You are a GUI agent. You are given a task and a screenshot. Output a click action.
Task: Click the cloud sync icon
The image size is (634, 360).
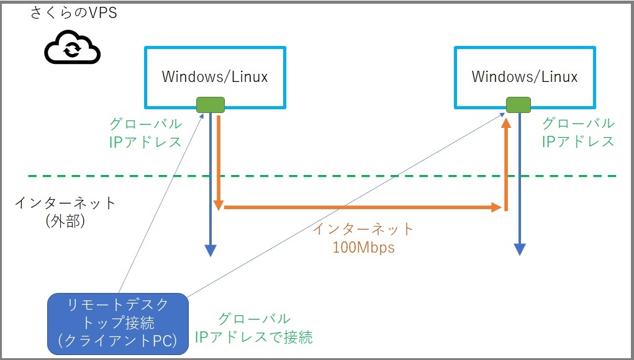click(72, 47)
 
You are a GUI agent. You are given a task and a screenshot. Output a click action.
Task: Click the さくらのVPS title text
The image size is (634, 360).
click(74, 12)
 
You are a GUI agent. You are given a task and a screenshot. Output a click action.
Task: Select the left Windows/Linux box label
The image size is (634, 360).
click(215, 76)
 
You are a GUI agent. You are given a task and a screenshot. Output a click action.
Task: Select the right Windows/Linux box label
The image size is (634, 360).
click(525, 76)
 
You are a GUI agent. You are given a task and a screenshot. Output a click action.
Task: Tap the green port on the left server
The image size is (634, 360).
click(211, 105)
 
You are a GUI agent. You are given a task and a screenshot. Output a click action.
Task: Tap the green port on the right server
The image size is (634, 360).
click(519, 105)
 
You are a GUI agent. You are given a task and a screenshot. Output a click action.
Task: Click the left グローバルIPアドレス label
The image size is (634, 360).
click(145, 133)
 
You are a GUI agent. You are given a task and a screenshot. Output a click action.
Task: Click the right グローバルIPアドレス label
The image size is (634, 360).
click(578, 132)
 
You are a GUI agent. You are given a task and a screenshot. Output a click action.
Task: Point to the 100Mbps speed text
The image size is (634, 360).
click(363, 247)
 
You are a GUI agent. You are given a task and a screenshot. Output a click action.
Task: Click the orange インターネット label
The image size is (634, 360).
click(363, 229)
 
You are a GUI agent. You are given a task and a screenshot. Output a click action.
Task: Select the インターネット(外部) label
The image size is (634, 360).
click(65, 211)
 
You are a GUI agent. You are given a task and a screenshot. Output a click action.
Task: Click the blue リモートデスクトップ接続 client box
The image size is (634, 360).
click(118, 324)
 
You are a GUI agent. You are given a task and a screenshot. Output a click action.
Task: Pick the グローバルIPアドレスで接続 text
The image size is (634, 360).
click(254, 328)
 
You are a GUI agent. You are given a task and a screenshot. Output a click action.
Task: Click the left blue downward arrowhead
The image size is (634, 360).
click(211, 251)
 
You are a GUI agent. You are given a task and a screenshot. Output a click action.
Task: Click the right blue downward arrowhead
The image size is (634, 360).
click(520, 250)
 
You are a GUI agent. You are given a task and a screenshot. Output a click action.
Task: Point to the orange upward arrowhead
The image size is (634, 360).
click(506, 122)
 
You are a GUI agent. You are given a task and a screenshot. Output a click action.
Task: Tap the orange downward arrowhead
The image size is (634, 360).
click(219, 205)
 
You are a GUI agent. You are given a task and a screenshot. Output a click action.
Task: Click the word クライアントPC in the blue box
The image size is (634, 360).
click(118, 340)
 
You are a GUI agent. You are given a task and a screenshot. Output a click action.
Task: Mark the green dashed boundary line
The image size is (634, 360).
click(322, 176)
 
